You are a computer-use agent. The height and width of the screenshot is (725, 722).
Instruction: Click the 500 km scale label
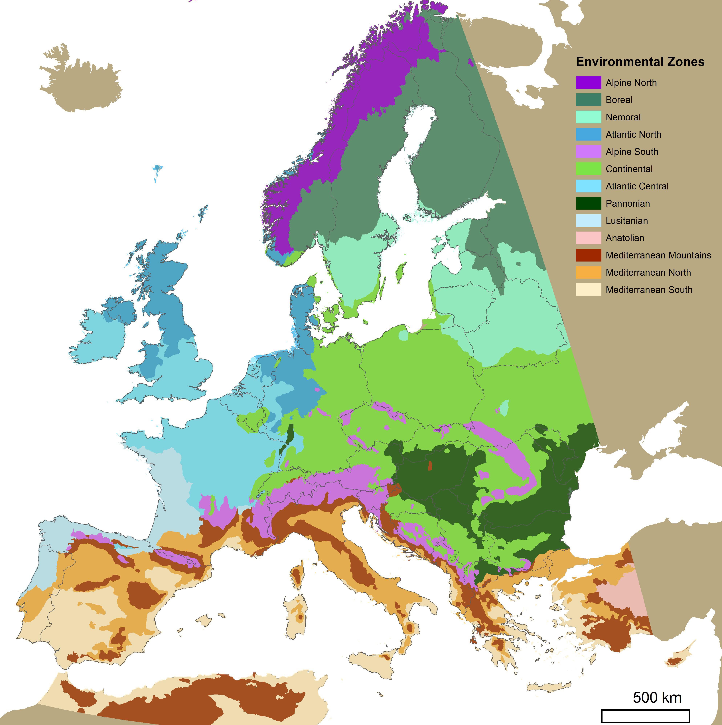point(657,697)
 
